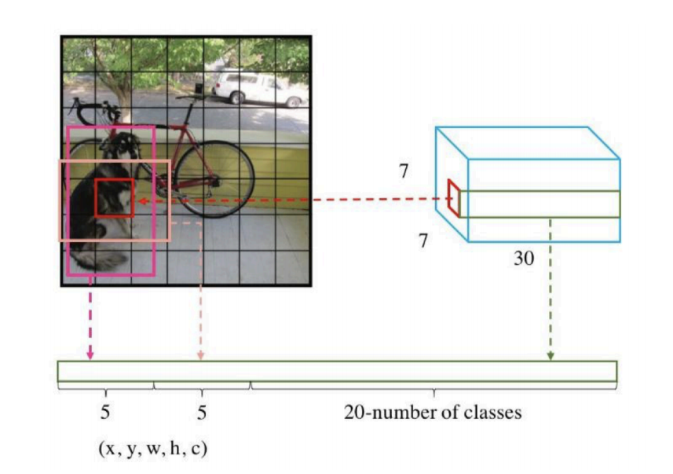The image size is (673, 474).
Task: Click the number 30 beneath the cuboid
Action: click(525, 258)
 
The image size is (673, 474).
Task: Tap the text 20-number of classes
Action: click(432, 412)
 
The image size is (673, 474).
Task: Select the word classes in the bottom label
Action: click(496, 412)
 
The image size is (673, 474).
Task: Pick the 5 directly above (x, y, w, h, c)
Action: click(105, 413)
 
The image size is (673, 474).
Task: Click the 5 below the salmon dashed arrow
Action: click(202, 413)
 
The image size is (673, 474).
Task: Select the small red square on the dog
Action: click(115, 197)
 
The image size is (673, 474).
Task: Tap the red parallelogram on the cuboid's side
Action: click(453, 198)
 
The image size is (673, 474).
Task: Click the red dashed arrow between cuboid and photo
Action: click(291, 200)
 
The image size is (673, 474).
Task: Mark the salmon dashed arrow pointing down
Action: click(202, 291)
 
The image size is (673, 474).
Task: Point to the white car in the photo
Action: click(260, 88)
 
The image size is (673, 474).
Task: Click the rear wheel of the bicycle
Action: click(214, 178)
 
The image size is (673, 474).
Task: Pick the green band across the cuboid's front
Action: click(542, 204)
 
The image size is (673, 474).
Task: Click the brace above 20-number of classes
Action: click(433, 387)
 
